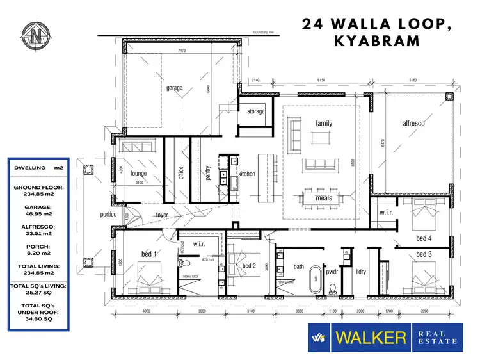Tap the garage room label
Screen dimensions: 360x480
pyautogui.click(x=174, y=88)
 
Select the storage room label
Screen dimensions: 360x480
pyautogui.click(x=256, y=111)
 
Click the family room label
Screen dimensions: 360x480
pyautogui.click(x=324, y=123)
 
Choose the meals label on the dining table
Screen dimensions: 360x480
pyautogui.click(x=323, y=198)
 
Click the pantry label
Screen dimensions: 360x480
pyautogui.click(x=209, y=174)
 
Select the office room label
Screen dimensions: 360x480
pyautogui.click(x=181, y=173)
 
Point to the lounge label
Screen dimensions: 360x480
pyautogui.click(x=139, y=173)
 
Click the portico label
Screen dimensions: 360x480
pyautogui.click(x=108, y=215)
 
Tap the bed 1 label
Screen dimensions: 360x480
pyautogui.click(x=150, y=254)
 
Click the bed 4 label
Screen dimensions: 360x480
pyautogui.click(x=424, y=238)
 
